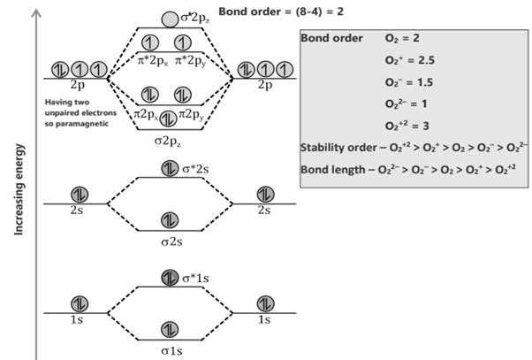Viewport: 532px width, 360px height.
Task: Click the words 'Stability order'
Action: coord(332,147)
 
